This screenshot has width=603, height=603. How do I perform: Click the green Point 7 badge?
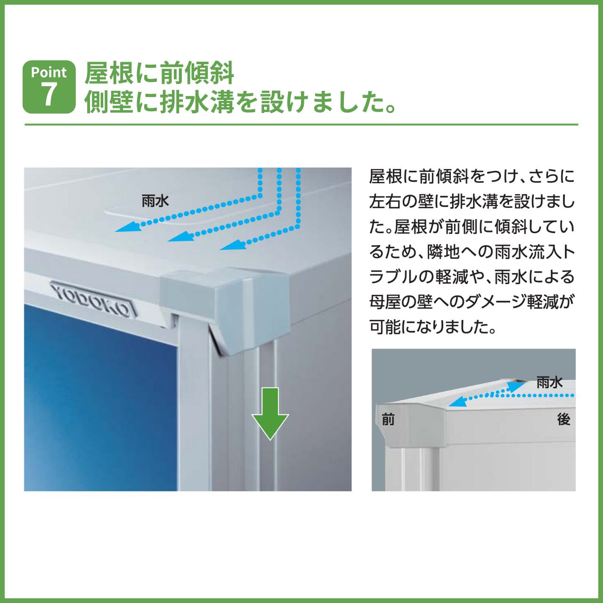pos(49,87)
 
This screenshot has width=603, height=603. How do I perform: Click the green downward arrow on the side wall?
pos(270,414)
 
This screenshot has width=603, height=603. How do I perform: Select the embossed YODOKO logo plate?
pos(93,299)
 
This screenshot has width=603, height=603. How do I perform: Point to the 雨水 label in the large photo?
pos(155,201)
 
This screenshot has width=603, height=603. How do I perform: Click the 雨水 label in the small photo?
pos(549,382)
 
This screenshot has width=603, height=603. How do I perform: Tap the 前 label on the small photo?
pos(388,419)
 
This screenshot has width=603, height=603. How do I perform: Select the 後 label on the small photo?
pos(564,419)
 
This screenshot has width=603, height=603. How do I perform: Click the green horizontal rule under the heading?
pos(301,124)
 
